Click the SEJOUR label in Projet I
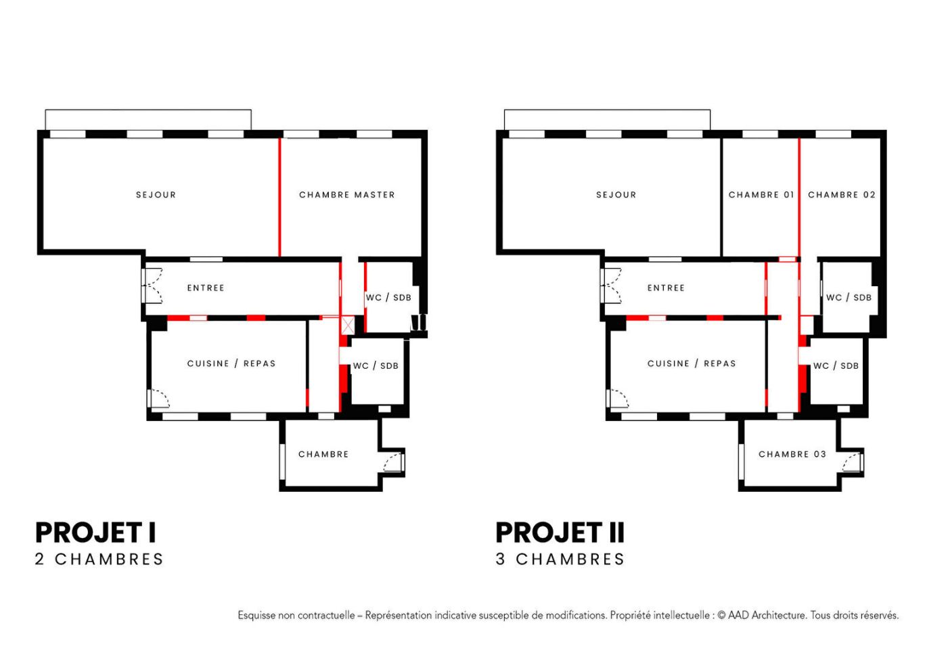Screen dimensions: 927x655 156,195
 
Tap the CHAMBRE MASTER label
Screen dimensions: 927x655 347,195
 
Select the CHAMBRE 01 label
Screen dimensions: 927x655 761,195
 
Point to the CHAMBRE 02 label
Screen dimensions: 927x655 842,195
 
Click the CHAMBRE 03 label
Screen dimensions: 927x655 792,454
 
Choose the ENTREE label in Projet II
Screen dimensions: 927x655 666,288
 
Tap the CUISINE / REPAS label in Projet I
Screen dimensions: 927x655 231,364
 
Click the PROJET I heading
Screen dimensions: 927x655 95,533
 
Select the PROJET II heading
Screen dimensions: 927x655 560,533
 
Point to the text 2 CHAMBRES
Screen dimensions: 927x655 99,560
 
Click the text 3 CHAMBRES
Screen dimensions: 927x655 560,560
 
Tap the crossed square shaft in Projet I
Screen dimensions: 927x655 348,325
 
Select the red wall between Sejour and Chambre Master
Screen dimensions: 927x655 279,197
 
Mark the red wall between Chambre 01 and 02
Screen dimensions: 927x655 799,197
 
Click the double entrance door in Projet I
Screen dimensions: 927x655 152,286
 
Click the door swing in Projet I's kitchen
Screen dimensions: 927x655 159,398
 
